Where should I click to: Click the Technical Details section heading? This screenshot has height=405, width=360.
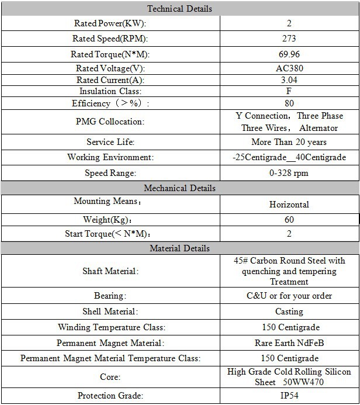pos(179,9)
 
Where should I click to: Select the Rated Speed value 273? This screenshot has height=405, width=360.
pos(289,39)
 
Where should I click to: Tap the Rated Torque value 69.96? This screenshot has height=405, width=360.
pos(289,54)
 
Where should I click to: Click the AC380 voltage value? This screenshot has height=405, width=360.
pos(289,68)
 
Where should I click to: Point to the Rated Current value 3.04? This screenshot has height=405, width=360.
pos(289,80)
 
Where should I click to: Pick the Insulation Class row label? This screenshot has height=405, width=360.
pos(110,92)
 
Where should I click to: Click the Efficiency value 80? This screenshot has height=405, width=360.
pos(289,103)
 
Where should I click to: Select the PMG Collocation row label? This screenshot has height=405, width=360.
pos(110,122)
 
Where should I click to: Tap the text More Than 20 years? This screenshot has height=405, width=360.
pos(289,142)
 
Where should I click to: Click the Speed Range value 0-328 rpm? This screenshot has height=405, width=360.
pos(289,173)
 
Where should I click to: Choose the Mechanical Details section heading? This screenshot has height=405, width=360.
pos(179,188)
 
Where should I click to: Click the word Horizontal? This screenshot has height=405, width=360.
pos(289,205)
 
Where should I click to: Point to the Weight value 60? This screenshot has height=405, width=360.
pos(289,220)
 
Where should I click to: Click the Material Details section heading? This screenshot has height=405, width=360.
pos(179,248)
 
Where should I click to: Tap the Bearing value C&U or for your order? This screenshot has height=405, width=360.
pos(289,296)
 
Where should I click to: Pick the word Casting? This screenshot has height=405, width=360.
pos(289,311)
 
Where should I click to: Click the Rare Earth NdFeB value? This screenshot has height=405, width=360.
pos(289,343)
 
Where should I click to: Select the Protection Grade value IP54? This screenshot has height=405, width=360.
pos(289,396)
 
